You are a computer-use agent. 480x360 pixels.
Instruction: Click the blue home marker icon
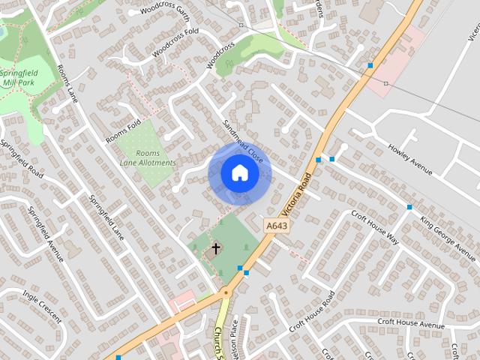(239, 173)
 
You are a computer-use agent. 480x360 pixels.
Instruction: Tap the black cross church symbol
(216, 248)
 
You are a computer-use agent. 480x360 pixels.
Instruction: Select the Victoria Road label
(298, 193)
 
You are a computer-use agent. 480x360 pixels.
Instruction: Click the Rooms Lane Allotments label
(147, 157)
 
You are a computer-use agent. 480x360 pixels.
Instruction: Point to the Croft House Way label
(374, 226)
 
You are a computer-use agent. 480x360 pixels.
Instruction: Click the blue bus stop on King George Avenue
(409, 207)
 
